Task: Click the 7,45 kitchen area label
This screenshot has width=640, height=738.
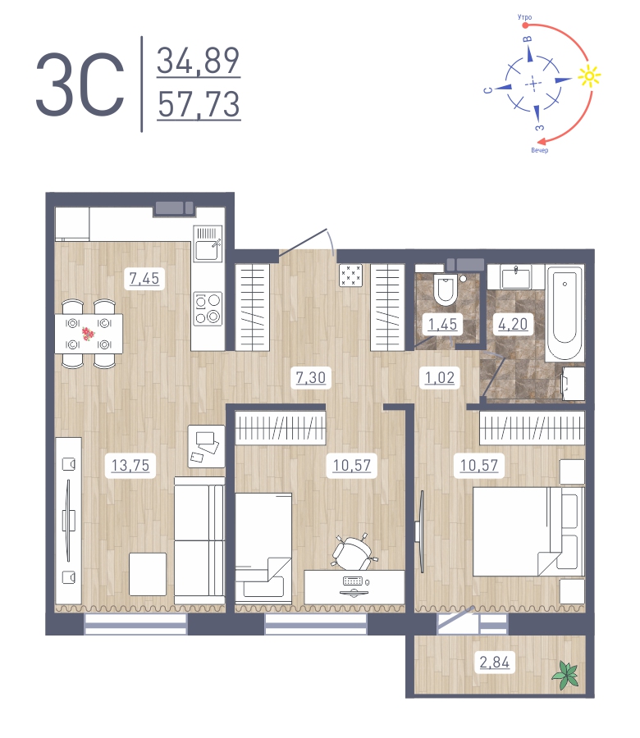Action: click(x=144, y=279)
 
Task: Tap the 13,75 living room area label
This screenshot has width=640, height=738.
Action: click(x=130, y=466)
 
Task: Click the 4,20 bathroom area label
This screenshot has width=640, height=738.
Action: click(x=509, y=325)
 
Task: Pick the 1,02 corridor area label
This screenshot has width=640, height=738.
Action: click(x=439, y=378)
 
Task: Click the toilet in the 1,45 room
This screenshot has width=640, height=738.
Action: click(x=445, y=289)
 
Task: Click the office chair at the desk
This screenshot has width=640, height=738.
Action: click(x=353, y=552)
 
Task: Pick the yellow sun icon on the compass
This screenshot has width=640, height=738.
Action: click(x=587, y=77)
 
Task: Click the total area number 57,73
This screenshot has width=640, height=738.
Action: click(x=199, y=105)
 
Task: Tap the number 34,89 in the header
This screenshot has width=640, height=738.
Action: click(x=199, y=61)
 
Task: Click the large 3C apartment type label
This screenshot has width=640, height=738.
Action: click(x=80, y=84)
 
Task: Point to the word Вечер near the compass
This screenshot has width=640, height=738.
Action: click(x=539, y=151)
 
